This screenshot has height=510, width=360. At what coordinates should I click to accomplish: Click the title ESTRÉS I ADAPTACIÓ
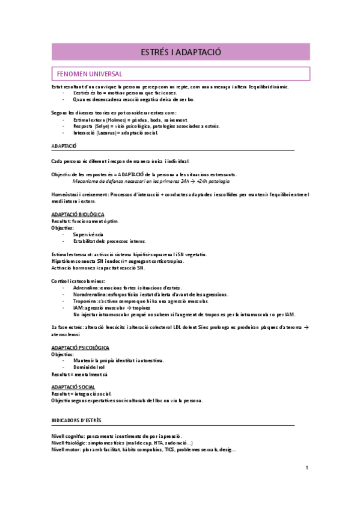click(x=180, y=52)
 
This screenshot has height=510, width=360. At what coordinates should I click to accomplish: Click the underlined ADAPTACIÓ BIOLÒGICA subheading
click(x=78, y=214)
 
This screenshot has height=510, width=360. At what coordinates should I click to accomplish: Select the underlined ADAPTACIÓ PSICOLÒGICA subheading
click(x=80, y=348)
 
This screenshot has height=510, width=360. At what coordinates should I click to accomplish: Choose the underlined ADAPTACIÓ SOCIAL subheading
click(x=73, y=387)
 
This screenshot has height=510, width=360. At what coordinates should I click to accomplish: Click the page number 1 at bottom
click(x=307, y=467)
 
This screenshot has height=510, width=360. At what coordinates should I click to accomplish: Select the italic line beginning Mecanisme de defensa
click(x=150, y=180)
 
